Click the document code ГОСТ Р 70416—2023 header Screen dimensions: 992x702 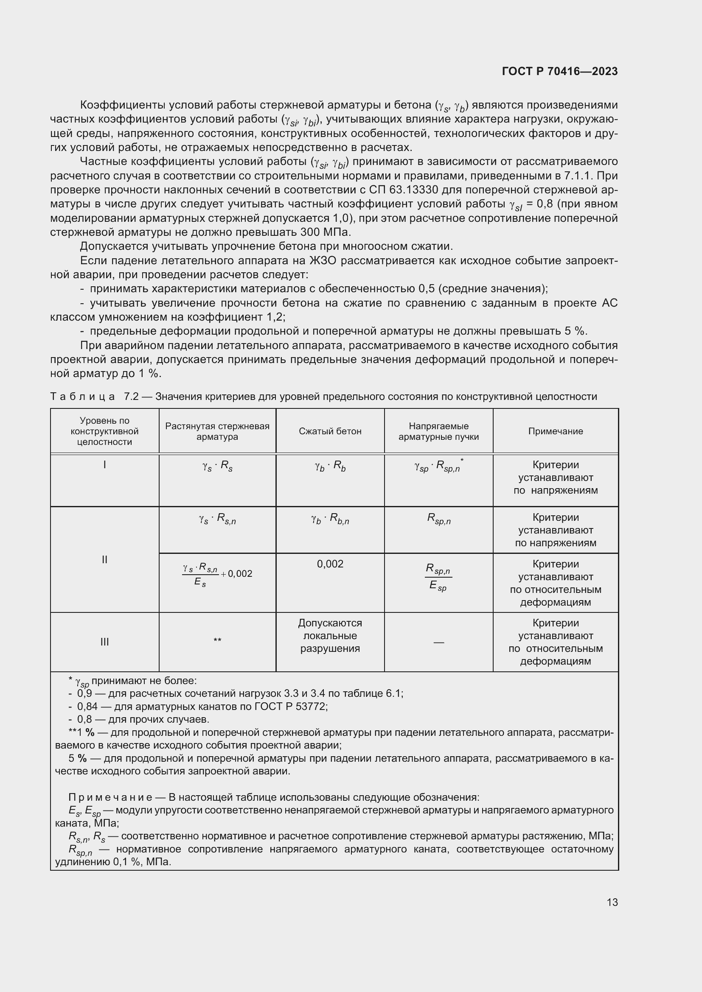coord(560,71)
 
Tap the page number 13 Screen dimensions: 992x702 coord(612,902)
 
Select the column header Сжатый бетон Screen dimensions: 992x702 coord(330,431)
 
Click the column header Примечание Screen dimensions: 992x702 coord(556,431)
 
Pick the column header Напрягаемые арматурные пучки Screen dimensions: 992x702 coord(438,431)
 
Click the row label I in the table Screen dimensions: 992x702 coord(104,465)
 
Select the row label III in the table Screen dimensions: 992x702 coord(104,642)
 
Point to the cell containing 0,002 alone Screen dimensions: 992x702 coord(330,564)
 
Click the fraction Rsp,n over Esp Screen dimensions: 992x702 coord(438,576)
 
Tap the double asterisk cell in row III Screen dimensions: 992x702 coord(217,640)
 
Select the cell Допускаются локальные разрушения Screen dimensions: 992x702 coord(330,636)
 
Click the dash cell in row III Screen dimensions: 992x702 coord(438,643)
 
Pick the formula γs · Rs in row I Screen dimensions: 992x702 coord(217,466)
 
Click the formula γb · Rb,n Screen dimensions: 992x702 coord(330,518)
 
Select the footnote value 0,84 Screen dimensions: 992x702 coord(87,707)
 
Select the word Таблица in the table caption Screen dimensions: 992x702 coord(83,397)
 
